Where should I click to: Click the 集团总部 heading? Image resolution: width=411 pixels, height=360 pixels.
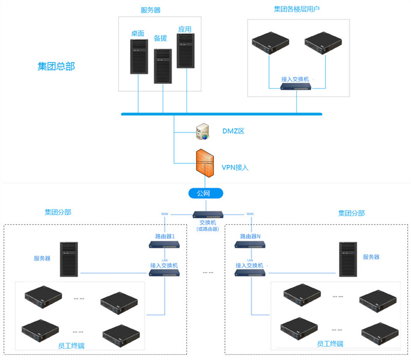point(56,67)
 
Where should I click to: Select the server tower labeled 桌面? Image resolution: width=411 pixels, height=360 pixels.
point(138,55)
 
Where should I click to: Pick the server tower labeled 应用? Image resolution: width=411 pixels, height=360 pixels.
point(185,51)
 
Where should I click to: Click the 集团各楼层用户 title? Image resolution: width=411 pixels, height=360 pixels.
point(297,9)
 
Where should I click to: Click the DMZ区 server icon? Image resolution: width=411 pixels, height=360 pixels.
point(202,131)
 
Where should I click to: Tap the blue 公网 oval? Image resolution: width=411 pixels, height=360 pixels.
point(207,193)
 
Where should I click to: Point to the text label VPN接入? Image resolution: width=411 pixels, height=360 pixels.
point(235,167)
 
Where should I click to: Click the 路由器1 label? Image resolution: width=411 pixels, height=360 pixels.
point(165,237)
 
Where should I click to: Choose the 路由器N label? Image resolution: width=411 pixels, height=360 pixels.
point(251,237)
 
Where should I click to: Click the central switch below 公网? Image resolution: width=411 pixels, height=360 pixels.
point(208,214)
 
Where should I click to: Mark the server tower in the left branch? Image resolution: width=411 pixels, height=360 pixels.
point(68,260)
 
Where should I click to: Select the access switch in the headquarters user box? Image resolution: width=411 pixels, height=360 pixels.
point(295,87)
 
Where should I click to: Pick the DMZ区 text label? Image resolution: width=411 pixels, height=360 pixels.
point(233,131)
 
